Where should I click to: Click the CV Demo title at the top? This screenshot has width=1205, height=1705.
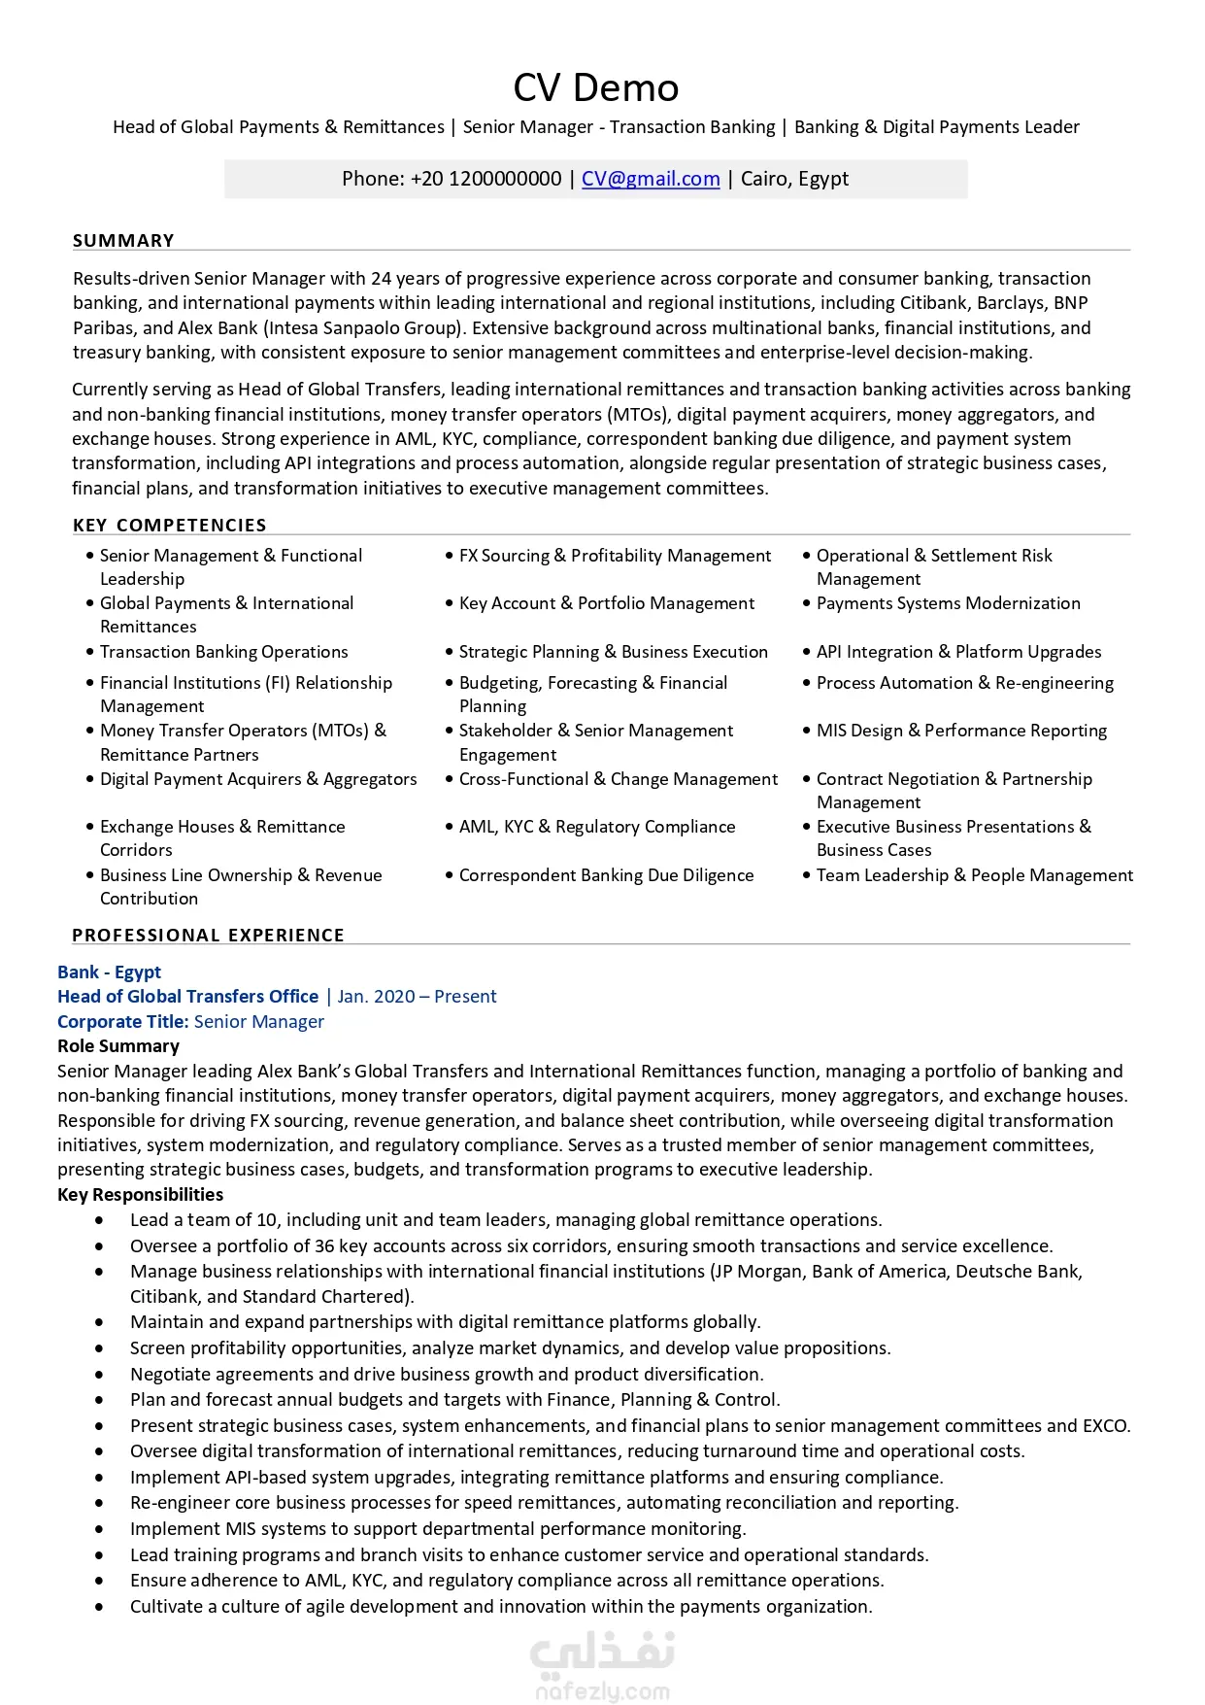(595, 87)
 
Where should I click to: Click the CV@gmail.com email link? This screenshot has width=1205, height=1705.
(651, 179)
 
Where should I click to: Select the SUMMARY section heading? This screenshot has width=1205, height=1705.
(123, 240)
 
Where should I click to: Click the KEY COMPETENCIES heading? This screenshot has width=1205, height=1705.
(169, 526)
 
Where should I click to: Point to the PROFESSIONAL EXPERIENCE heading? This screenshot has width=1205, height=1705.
(208, 935)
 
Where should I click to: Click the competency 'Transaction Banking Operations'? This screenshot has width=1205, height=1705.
(223, 652)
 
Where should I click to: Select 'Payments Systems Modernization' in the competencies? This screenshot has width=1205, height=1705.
(948, 603)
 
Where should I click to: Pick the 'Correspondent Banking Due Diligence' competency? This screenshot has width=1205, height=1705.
(606, 875)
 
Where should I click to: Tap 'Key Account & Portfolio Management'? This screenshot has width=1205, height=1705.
(606, 603)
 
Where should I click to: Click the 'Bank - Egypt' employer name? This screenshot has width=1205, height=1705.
(109, 972)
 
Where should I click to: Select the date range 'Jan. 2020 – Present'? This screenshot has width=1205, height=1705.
(417, 997)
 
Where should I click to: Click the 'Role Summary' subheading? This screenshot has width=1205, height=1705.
(118, 1046)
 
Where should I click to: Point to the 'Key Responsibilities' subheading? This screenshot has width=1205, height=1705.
(140, 1195)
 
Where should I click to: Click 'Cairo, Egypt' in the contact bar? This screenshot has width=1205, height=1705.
(794, 179)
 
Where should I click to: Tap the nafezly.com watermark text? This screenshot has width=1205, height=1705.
(602, 1691)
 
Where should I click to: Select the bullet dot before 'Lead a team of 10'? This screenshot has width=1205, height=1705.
(99, 1220)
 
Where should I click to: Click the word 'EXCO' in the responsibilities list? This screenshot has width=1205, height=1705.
(1106, 1426)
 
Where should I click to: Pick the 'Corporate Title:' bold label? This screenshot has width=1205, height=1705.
(122, 1022)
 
